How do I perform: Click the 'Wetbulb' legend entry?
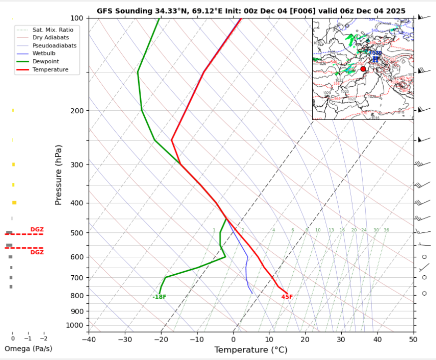click(43, 53)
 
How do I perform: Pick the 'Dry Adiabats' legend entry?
click(50, 37)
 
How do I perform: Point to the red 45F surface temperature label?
click(287, 297)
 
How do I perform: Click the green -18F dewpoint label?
click(159, 297)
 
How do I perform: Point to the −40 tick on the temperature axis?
click(89, 340)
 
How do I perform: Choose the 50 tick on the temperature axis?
click(413, 340)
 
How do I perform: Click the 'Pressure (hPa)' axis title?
click(58, 175)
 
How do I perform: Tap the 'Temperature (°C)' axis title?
click(250, 350)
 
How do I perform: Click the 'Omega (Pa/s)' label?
click(28, 349)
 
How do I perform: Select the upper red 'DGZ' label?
click(37, 229)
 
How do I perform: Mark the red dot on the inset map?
click(363, 69)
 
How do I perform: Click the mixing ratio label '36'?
click(386, 230)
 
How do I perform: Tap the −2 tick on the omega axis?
click(43, 339)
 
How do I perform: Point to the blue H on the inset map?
click(375, 59)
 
